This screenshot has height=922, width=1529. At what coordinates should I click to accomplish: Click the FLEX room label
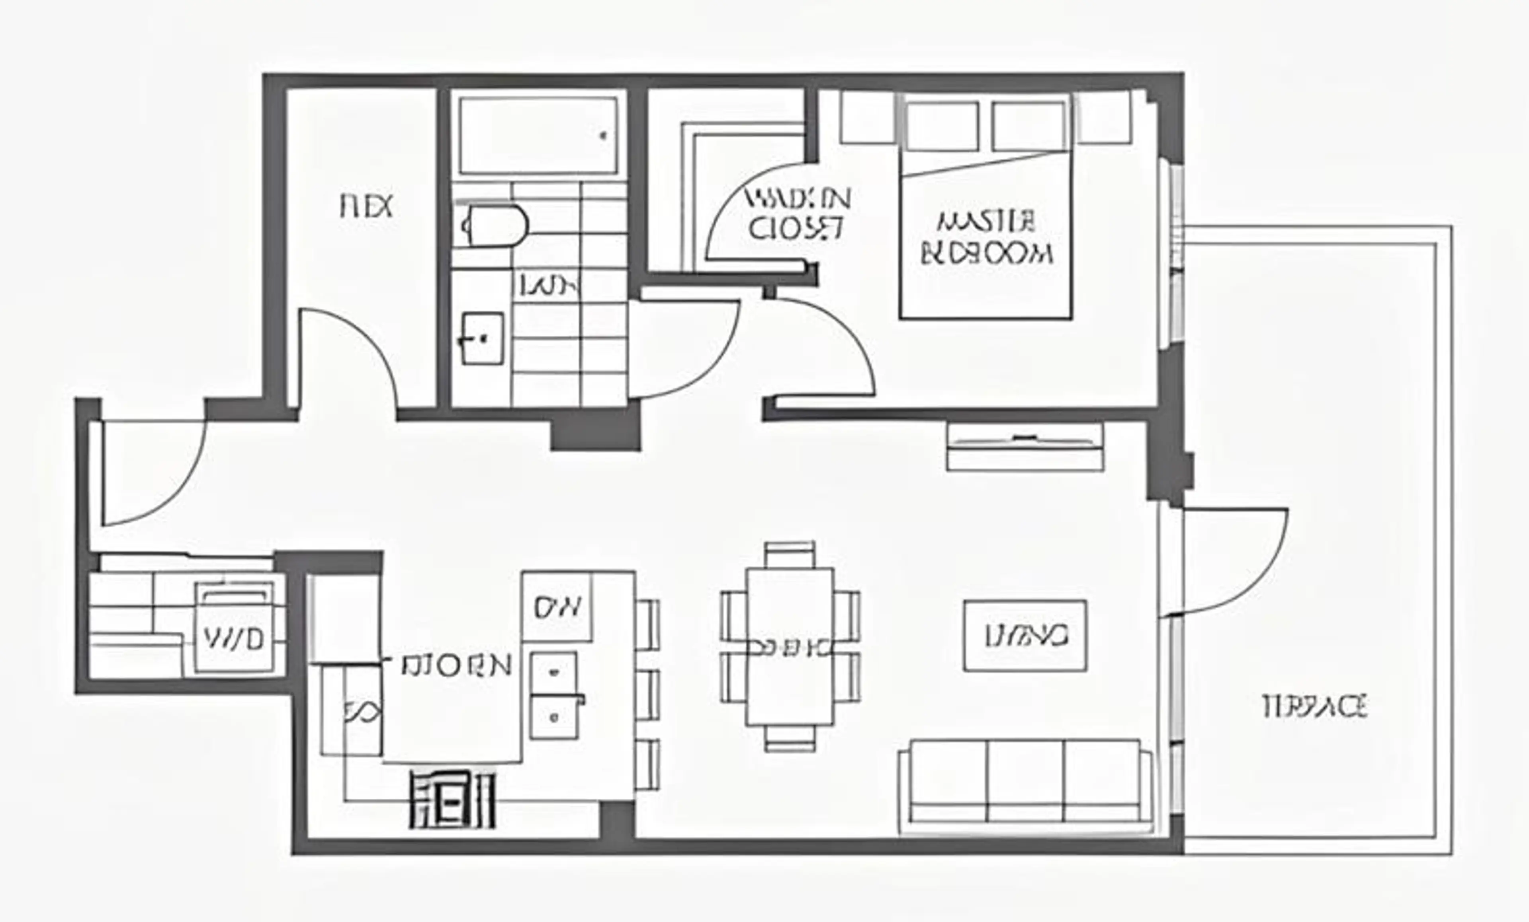pos(366,206)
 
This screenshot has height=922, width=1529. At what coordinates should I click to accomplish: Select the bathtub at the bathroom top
pos(538,135)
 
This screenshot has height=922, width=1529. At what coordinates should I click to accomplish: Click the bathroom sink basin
pos(483,338)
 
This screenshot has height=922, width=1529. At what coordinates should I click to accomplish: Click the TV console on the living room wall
pos(1025,446)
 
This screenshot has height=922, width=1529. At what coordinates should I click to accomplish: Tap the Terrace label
pos(1315,707)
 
